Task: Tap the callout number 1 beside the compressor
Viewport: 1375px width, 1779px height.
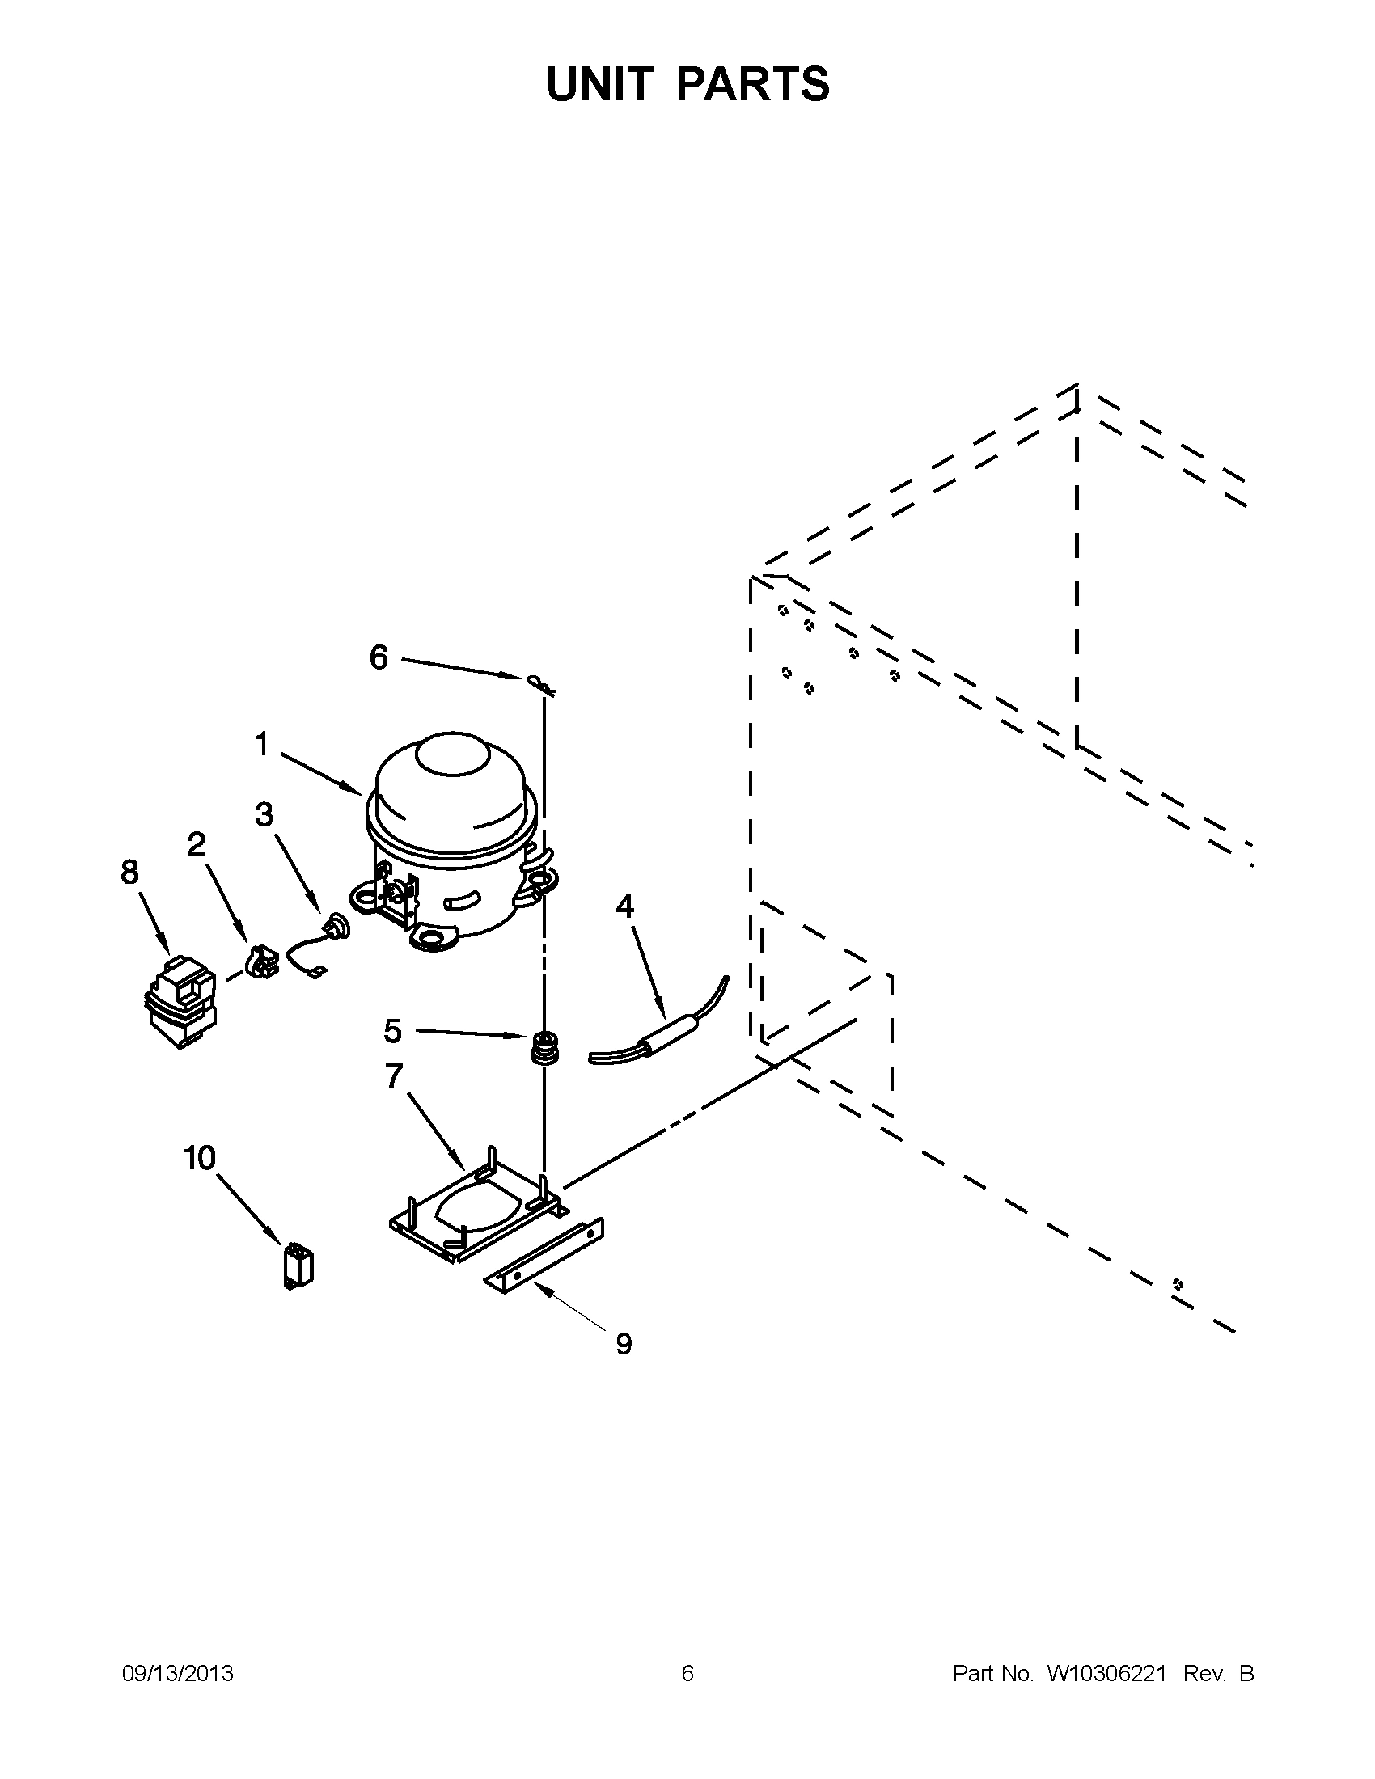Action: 261,744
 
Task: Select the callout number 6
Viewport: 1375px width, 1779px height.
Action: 379,657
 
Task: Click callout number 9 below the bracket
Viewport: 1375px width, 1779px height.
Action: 623,1344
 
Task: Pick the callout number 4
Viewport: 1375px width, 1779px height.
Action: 624,906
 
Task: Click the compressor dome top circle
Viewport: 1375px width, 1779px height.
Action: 451,755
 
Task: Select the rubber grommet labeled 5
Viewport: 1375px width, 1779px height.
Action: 542,1046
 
